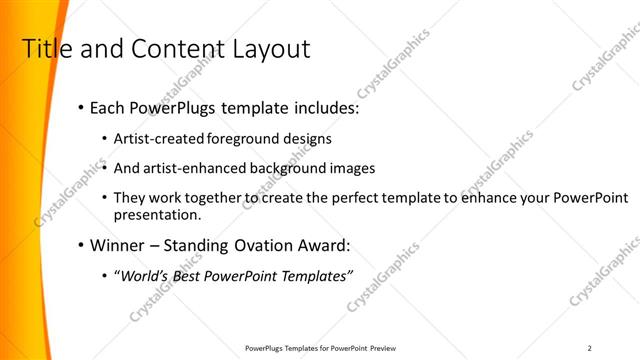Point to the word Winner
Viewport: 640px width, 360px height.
click(x=119, y=244)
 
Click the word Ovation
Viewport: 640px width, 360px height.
click(x=273, y=244)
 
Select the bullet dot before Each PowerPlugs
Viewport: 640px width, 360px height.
click(x=79, y=108)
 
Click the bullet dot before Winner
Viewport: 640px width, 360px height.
click(x=79, y=244)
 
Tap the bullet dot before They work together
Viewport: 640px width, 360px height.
click(x=106, y=198)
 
